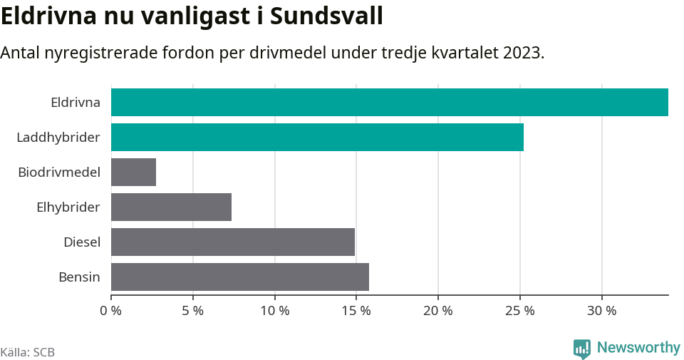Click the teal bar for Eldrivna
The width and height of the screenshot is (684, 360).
389,102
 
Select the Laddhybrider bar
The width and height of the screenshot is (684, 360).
317,137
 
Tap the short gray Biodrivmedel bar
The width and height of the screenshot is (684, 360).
133,172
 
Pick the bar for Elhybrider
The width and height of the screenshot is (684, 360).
171,207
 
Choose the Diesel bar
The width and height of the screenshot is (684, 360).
232,242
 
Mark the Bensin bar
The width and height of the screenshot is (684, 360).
239,277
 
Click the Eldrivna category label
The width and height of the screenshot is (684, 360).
75,102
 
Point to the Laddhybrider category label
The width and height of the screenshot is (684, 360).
58,137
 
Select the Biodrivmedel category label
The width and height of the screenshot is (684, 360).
58,172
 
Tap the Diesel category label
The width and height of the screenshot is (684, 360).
81,242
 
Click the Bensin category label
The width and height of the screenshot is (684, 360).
79,277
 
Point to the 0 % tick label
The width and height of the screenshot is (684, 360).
111,311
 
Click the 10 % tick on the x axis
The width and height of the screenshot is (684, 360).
274,311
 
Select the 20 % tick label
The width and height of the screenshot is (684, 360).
437,311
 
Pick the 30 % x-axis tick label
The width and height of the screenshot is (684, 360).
601,311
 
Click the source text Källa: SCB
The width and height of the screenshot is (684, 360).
28,352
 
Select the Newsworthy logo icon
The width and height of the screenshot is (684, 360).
581,348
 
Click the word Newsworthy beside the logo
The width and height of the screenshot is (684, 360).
638,348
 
